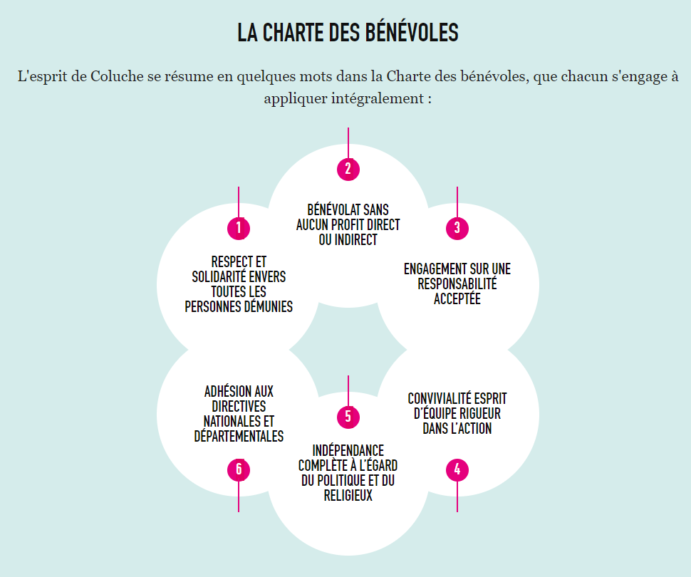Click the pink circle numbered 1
pos(239,229)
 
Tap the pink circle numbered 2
pos(348,170)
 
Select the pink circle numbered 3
pos(457,229)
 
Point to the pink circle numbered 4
pos(457,470)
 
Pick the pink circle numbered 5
pos(348,417)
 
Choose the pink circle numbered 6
pos(239,470)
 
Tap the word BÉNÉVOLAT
pos(335,210)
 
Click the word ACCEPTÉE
pos(457,299)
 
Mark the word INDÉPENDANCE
pos(348,451)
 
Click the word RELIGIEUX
pos(348,496)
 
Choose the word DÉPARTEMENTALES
pos(239,437)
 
